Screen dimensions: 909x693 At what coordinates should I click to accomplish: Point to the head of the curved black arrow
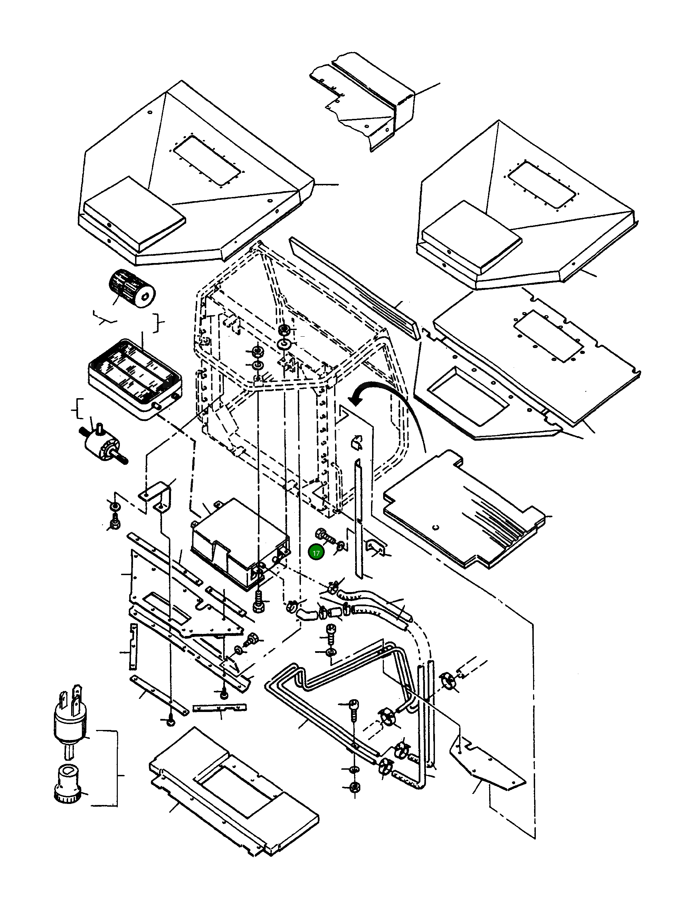click(x=354, y=399)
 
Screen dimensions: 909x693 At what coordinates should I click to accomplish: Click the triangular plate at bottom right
click(x=491, y=763)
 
